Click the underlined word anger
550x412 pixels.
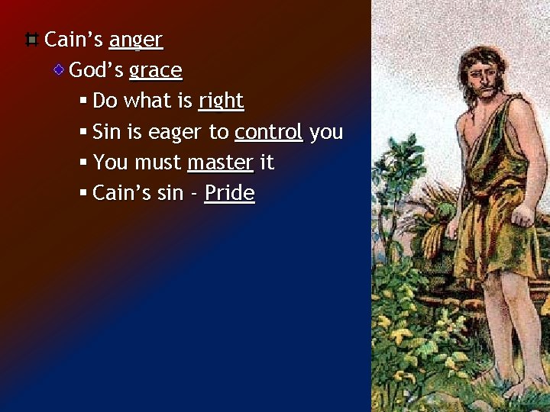(136, 40)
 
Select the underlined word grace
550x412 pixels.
(156, 71)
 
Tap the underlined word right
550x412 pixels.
(221, 101)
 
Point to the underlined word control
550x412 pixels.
(269, 132)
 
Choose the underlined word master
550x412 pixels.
(220, 163)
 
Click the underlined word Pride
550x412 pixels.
(229, 193)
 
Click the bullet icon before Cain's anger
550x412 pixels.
(31, 39)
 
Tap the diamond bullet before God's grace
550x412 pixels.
(58, 70)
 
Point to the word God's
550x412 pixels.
(96, 71)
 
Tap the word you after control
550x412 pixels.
(327, 133)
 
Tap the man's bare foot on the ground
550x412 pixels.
(526, 390)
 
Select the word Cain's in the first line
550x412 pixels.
(74, 40)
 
